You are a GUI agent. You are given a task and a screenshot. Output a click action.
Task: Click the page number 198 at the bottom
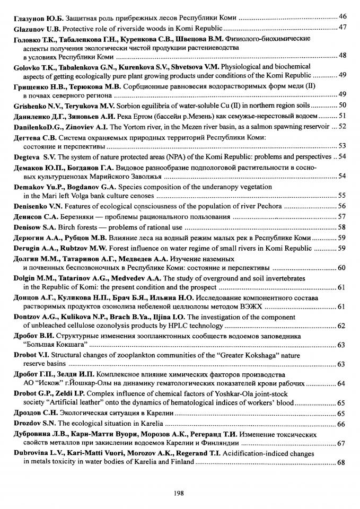pyautogui.click(x=178, y=493)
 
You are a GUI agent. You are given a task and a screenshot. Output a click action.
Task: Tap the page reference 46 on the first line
pyautogui.click(x=342, y=17)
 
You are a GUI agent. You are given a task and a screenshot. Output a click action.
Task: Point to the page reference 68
pyautogui.click(x=342, y=462)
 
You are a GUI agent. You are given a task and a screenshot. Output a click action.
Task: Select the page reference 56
pyautogui.click(x=342, y=206)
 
